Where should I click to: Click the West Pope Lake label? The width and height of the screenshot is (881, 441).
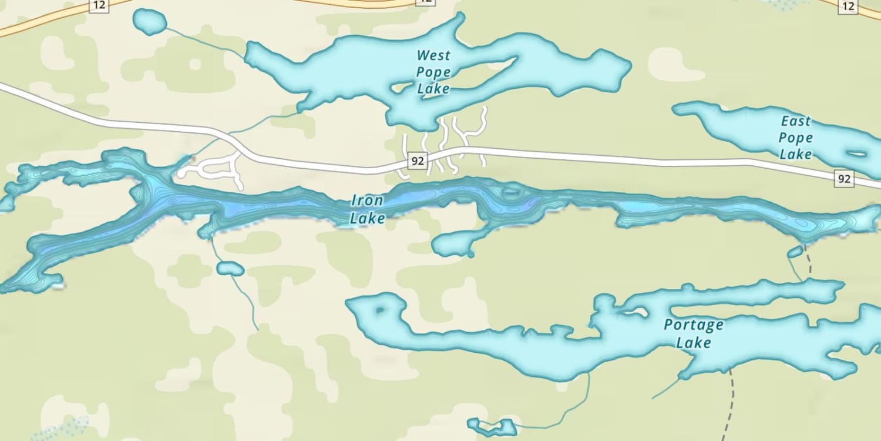tap(433, 72)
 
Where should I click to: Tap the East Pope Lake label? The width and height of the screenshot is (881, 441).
tap(796, 138)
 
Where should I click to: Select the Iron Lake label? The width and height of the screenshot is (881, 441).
tap(368, 209)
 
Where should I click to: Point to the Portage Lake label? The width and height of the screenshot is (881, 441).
tap(694, 333)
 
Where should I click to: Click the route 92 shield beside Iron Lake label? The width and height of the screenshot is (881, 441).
tap(417, 161)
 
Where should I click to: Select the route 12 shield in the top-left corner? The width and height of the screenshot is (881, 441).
tap(97, 5)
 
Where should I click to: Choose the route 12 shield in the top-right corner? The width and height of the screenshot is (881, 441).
tap(847, 5)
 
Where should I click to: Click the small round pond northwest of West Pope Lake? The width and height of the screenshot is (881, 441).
tap(150, 22)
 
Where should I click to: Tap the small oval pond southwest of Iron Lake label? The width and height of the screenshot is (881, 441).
tap(230, 269)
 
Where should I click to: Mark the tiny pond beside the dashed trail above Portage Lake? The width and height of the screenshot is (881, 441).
tap(795, 252)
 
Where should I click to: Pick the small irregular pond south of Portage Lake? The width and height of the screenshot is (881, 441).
tap(492, 426)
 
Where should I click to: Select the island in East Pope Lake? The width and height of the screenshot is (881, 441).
tap(857, 154)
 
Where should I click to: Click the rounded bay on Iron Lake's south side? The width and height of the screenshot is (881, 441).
tap(455, 243)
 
